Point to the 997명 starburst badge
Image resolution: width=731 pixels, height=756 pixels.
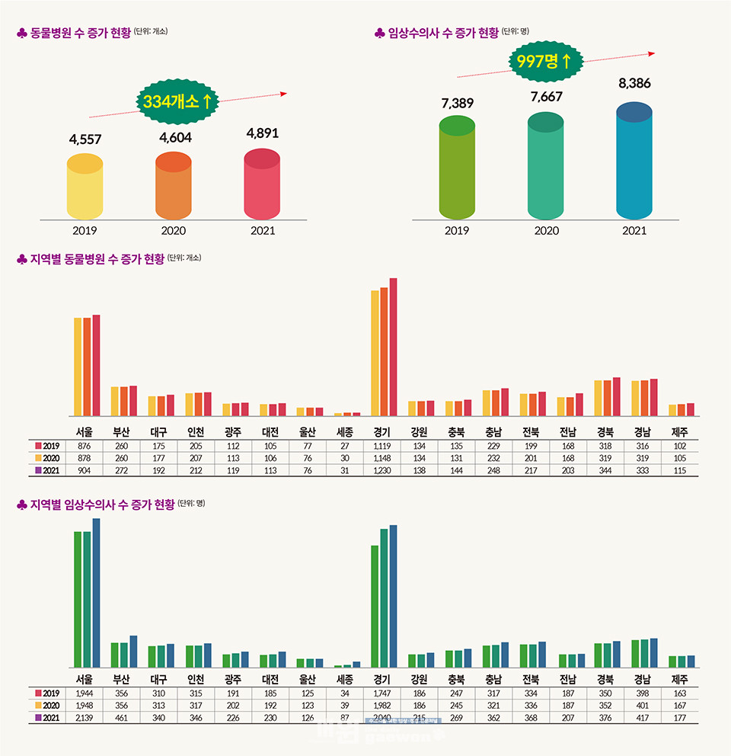(544, 61)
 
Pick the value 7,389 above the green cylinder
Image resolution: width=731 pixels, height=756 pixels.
(457, 104)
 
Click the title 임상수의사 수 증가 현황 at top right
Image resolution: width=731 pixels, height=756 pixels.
(442, 33)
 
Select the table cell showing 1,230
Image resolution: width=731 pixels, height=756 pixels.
(382, 471)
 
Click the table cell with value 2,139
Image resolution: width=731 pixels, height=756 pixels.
(85, 718)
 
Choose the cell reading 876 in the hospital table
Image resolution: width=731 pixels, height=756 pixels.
(85, 446)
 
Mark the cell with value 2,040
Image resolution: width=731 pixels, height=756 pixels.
(382, 718)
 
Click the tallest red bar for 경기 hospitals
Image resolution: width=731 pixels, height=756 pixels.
(393, 347)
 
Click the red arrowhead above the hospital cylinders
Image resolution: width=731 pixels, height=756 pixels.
(283, 94)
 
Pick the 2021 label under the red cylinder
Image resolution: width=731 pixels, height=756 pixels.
(262, 231)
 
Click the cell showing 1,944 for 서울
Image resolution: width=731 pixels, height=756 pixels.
(85, 694)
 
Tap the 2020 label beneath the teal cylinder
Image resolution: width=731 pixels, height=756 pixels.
(546, 231)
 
